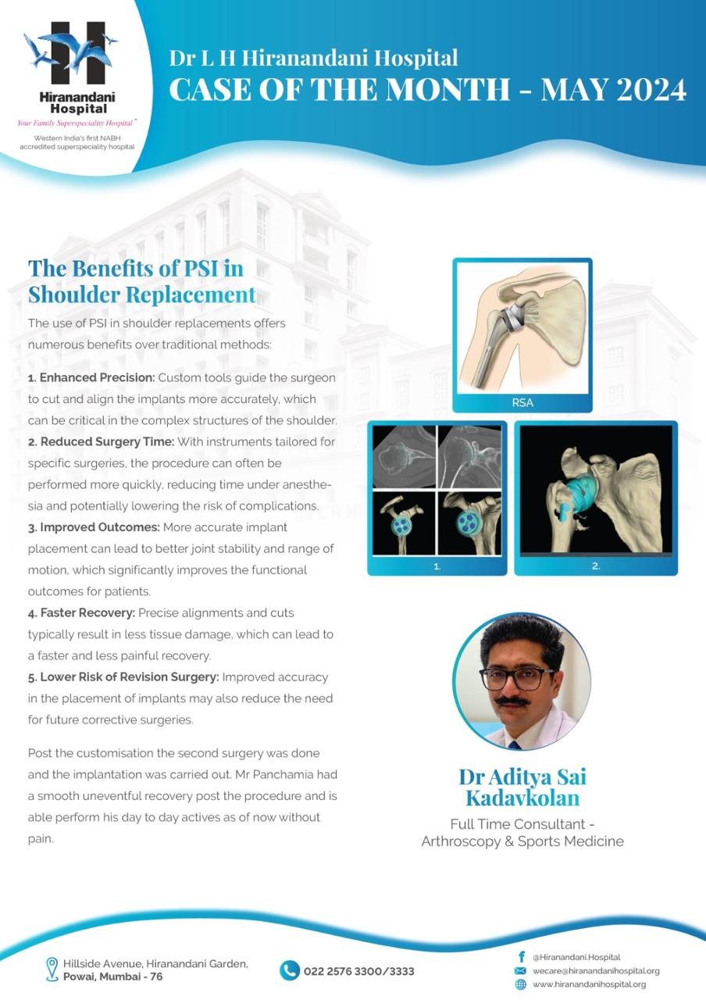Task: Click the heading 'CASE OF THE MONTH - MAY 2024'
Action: (x=428, y=90)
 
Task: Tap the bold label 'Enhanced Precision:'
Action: (x=91, y=377)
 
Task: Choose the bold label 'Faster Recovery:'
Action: (x=82, y=613)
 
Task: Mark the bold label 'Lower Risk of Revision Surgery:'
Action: (x=123, y=677)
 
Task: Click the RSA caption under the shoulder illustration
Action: (x=522, y=403)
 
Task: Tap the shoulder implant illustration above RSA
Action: (x=522, y=327)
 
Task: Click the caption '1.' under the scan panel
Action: (x=437, y=566)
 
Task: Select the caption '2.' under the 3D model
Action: (x=595, y=566)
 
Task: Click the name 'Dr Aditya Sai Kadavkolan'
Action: (x=522, y=787)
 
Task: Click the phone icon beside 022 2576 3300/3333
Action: (x=290, y=970)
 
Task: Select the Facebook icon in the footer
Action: (x=521, y=957)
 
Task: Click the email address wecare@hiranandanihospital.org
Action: (x=596, y=971)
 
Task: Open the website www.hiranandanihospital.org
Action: (x=589, y=984)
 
